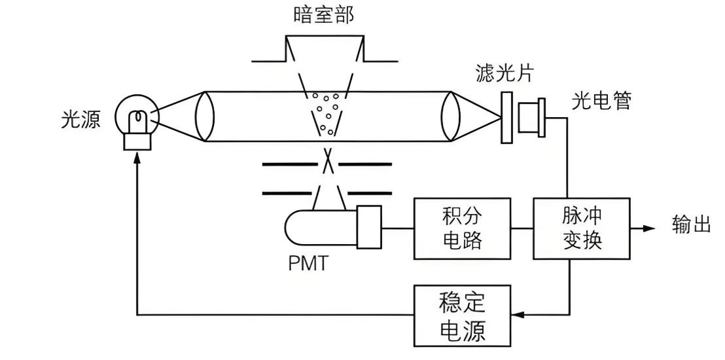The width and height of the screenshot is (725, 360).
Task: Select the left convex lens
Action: point(205,117)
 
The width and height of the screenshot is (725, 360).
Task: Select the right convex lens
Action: point(449,117)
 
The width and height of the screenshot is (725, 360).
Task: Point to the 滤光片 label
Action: point(504,74)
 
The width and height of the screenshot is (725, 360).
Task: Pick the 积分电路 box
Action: point(463,229)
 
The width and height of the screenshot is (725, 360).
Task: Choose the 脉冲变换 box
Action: point(582,229)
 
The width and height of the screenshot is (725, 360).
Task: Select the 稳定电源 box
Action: point(463,315)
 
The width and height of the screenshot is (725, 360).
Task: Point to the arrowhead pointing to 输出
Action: point(648,228)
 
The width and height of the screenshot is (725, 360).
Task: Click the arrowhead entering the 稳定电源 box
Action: point(517,315)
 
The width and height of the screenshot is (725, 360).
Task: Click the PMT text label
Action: point(307,264)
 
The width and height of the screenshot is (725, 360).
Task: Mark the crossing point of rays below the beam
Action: point(329,162)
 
